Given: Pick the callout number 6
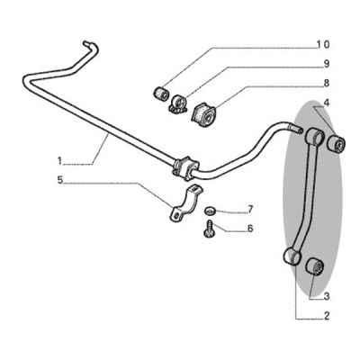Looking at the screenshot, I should coord(250,229).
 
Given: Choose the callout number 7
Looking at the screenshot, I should coord(250,209).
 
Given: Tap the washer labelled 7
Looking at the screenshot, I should coord(209,211).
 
